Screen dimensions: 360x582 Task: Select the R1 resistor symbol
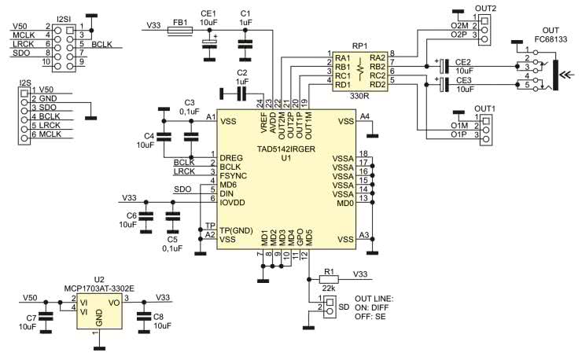(x=329, y=279)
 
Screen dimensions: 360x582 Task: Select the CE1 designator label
(x=208, y=13)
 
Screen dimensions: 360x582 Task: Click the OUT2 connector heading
(x=485, y=9)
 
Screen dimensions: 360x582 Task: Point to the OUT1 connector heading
(x=484, y=108)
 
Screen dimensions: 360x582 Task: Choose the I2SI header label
(x=67, y=17)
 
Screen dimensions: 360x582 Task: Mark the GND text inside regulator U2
(x=99, y=320)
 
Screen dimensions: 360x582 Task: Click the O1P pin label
(x=459, y=135)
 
